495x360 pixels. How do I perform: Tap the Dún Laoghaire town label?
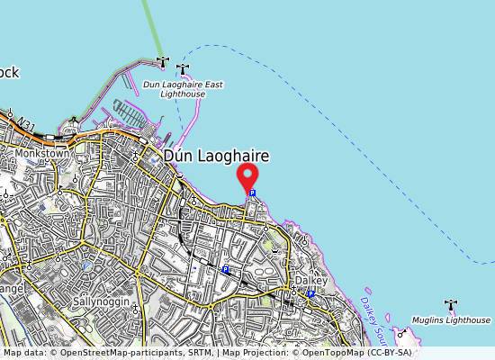click(216, 156)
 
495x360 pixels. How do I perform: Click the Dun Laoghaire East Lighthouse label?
click(183, 88)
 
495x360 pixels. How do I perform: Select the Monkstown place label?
click(41, 154)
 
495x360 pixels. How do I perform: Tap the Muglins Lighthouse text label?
click(452, 320)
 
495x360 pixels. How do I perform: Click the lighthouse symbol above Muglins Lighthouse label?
click(450, 306)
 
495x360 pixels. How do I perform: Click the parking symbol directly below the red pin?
click(252, 193)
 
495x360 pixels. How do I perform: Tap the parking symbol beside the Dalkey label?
click(310, 293)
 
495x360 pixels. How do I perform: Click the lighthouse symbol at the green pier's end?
click(162, 61)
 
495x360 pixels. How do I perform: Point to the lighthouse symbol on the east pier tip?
click(184, 69)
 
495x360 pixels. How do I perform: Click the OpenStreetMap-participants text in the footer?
click(106, 353)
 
